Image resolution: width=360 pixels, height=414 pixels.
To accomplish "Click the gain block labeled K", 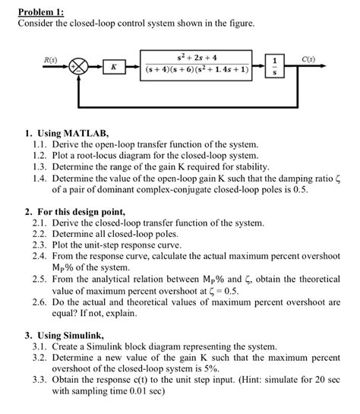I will [113, 67].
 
